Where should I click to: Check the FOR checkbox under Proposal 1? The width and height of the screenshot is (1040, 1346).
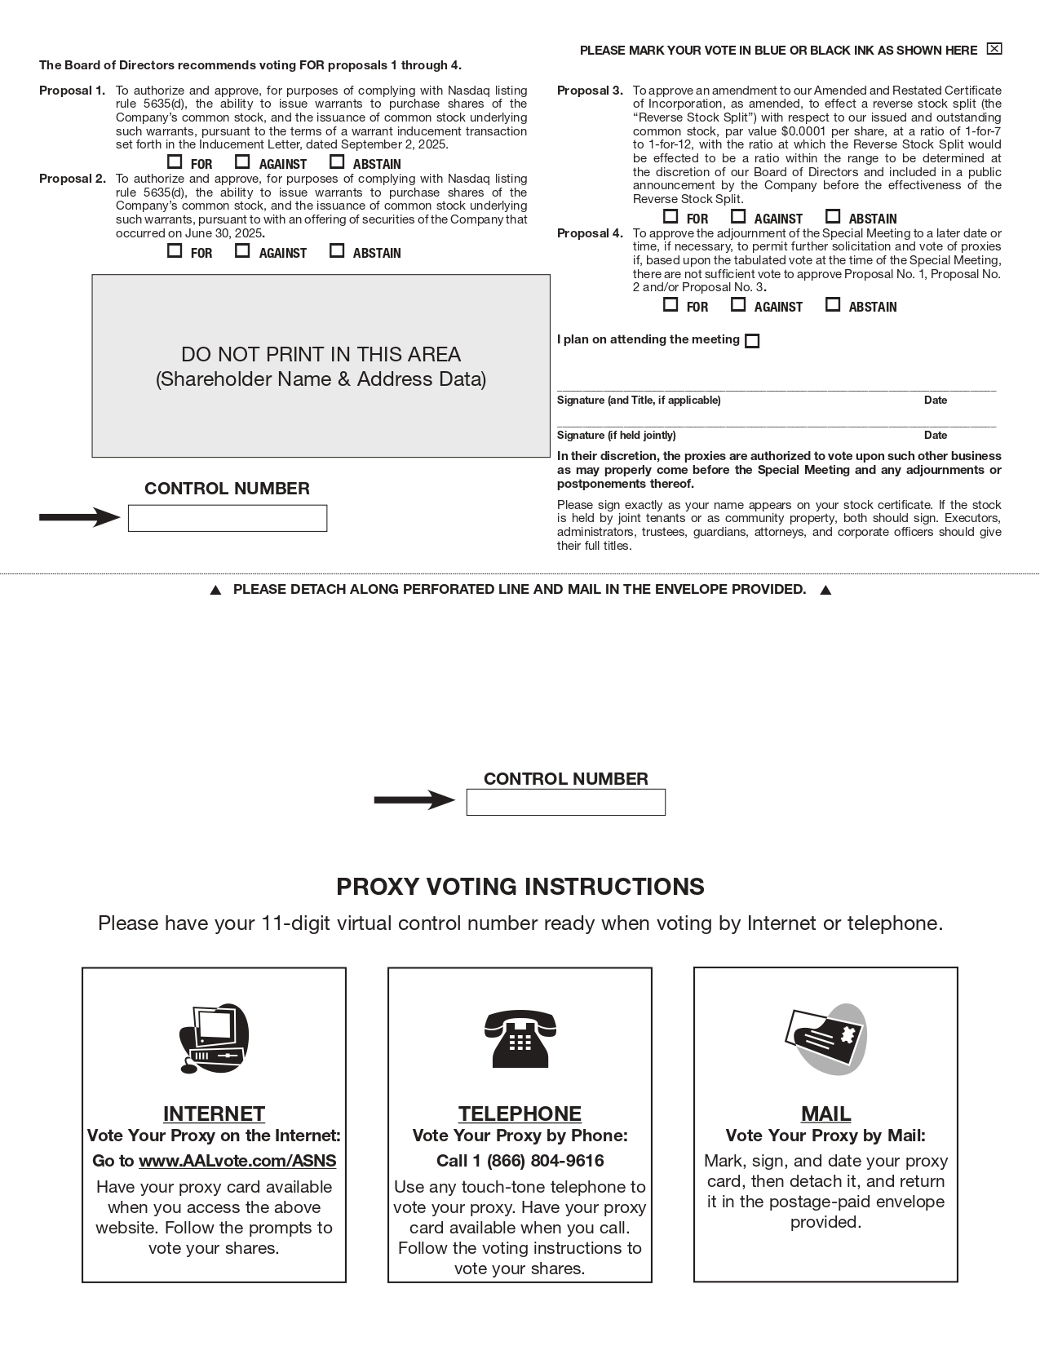click(175, 162)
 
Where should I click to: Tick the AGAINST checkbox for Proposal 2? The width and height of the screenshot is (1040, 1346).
click(242, 250)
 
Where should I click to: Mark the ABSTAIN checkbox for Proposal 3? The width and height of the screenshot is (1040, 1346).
click(833, 216)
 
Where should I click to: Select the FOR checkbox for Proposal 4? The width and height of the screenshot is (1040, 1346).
click(670, 304)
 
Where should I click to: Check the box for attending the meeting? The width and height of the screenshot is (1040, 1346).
click(753, 341)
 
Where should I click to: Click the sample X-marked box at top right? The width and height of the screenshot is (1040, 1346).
click(994, 49)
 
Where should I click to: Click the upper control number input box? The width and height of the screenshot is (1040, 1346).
click(228, 518)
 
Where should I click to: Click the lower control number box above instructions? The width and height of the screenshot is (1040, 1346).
click(565, 802)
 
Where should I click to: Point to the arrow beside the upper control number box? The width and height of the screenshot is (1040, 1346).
click(80, 517)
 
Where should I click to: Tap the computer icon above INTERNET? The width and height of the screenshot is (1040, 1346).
click(214, 1038)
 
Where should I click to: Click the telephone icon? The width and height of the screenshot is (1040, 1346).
click(520, 1038)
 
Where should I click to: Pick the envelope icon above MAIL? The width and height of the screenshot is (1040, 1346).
click(825, 1038)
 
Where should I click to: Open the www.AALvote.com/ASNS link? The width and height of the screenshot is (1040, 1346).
click(237, 1161)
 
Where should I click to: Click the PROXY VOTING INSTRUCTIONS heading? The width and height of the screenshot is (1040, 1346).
click(520, 887)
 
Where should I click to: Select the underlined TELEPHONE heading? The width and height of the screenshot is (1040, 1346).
click(520, 1114)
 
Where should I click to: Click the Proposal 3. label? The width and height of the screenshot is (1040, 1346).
click(589, 91)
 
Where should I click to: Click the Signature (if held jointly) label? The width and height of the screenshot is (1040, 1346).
click(616, 435)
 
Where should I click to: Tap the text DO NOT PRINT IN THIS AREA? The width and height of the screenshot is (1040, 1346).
click(321, 354)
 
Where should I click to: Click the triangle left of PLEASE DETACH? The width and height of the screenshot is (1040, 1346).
click(215, 591)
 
